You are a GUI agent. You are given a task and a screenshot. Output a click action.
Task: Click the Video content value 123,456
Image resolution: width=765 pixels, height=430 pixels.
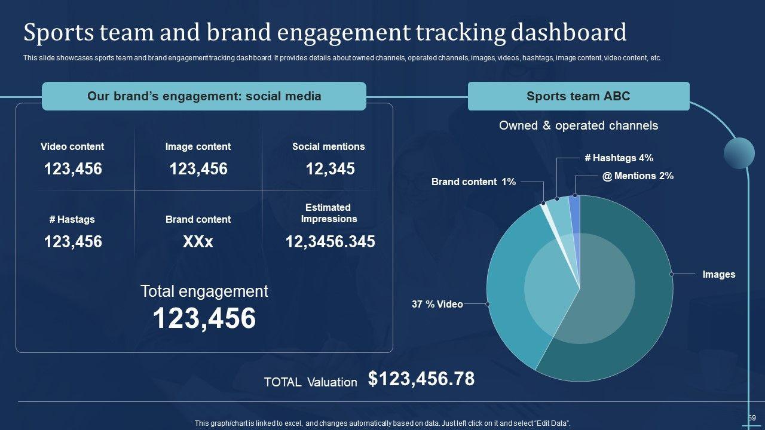click(73, 169)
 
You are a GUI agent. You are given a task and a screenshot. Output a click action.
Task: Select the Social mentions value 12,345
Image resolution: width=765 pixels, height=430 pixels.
click(330, 169)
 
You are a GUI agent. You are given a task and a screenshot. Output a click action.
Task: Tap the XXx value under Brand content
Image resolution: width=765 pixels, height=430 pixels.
click(198, 242)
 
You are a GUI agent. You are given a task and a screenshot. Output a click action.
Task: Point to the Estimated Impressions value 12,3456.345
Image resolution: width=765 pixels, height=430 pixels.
click(330, 242)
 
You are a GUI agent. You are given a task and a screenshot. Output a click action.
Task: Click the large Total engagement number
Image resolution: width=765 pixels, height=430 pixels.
click(204, 318)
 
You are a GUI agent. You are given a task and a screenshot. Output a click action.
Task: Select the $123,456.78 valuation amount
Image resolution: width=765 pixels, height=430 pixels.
click(421, 379)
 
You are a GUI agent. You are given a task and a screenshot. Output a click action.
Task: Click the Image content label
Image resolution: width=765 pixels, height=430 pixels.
click(198, 147)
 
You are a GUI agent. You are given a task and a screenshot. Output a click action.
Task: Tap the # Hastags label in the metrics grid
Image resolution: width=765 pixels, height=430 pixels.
click(72, 220)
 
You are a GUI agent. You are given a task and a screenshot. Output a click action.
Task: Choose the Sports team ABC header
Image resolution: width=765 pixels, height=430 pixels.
click(578, 96)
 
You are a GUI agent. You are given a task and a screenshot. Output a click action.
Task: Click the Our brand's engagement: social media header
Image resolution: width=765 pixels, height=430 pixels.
click(204, 96)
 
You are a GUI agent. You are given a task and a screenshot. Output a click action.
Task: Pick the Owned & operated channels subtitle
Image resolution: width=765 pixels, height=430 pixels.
click(578, 125)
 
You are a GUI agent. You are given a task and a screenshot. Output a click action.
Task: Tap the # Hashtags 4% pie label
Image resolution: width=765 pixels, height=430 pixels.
click(619, 158)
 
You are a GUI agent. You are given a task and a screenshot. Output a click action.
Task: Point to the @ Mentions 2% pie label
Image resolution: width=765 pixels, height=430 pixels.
click(638, 176)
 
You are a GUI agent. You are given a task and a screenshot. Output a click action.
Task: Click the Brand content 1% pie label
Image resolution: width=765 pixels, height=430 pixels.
click(473, 182)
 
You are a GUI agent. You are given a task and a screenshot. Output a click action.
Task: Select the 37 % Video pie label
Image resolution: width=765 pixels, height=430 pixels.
click(437, 305)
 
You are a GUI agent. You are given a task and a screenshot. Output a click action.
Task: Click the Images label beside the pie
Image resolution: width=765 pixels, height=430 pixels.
click(718, 275)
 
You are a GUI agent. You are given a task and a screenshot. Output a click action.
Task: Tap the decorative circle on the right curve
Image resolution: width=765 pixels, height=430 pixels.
click(739, 153)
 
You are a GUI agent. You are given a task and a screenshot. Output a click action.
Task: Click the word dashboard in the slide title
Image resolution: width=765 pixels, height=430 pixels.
click(568, 32)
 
